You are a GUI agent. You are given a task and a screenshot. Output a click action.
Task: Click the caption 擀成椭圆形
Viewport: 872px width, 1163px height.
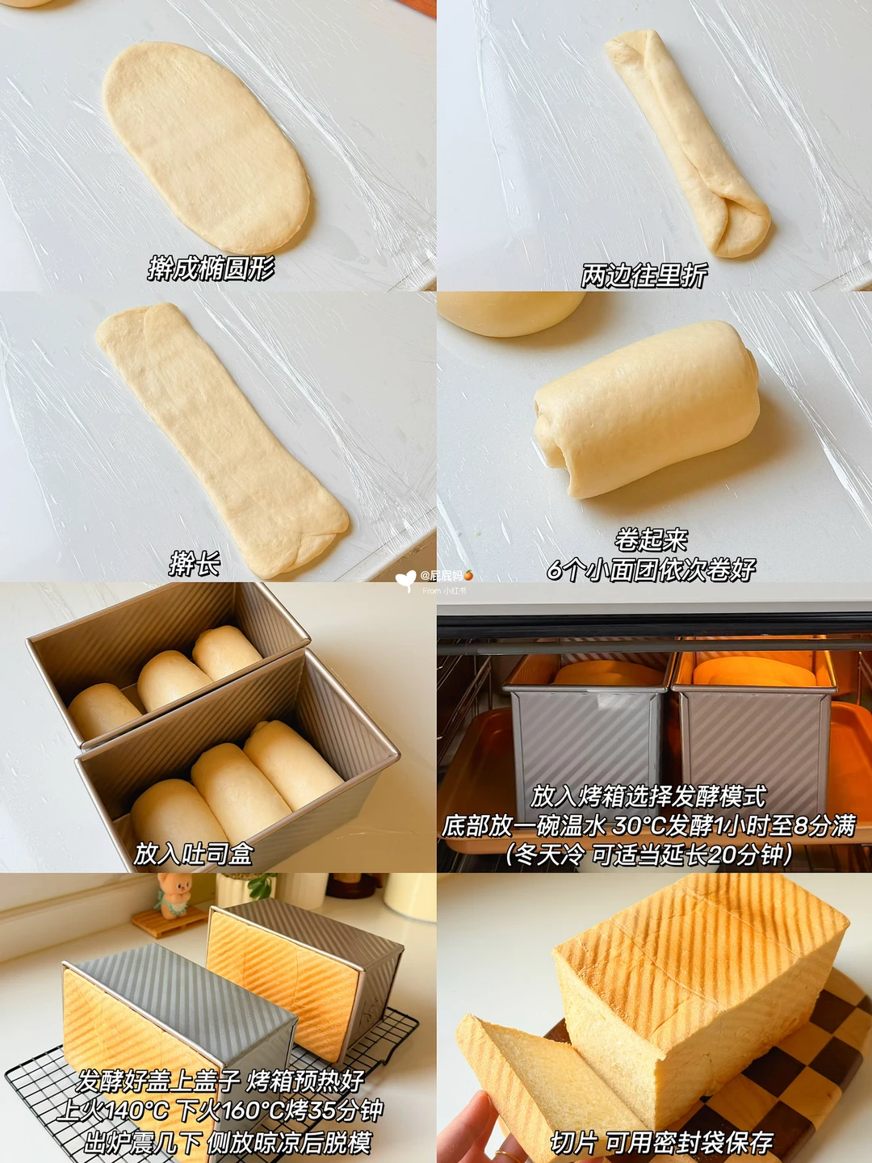coord(212,269)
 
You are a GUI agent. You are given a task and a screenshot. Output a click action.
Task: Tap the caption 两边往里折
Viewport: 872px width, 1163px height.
coord(644,275)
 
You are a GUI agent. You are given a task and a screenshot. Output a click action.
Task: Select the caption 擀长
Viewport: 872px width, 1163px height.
coord(195,564)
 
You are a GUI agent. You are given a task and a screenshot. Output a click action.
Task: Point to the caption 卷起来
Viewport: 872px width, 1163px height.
coord(652,541)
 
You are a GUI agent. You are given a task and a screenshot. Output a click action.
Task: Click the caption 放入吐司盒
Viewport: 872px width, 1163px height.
coord(193,854)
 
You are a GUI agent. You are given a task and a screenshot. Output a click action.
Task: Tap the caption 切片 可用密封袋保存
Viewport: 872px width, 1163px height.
coord(662,1142)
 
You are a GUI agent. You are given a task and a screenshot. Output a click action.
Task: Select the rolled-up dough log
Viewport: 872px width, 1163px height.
coord(647,409)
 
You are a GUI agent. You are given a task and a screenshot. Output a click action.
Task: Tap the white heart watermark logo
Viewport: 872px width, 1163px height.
coord(406,581)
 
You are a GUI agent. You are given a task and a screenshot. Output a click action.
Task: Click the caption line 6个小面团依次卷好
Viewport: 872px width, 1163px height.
coord(652,569)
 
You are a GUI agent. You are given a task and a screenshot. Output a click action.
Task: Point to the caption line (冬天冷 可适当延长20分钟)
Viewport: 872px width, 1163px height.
coord(649,854)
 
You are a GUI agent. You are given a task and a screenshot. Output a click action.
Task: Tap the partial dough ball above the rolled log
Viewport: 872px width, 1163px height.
coord(510,313)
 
